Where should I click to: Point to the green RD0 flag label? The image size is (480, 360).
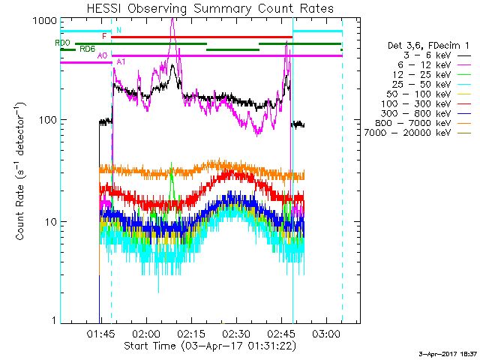tap(62, 43)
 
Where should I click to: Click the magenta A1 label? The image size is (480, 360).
tap(121, 60)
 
